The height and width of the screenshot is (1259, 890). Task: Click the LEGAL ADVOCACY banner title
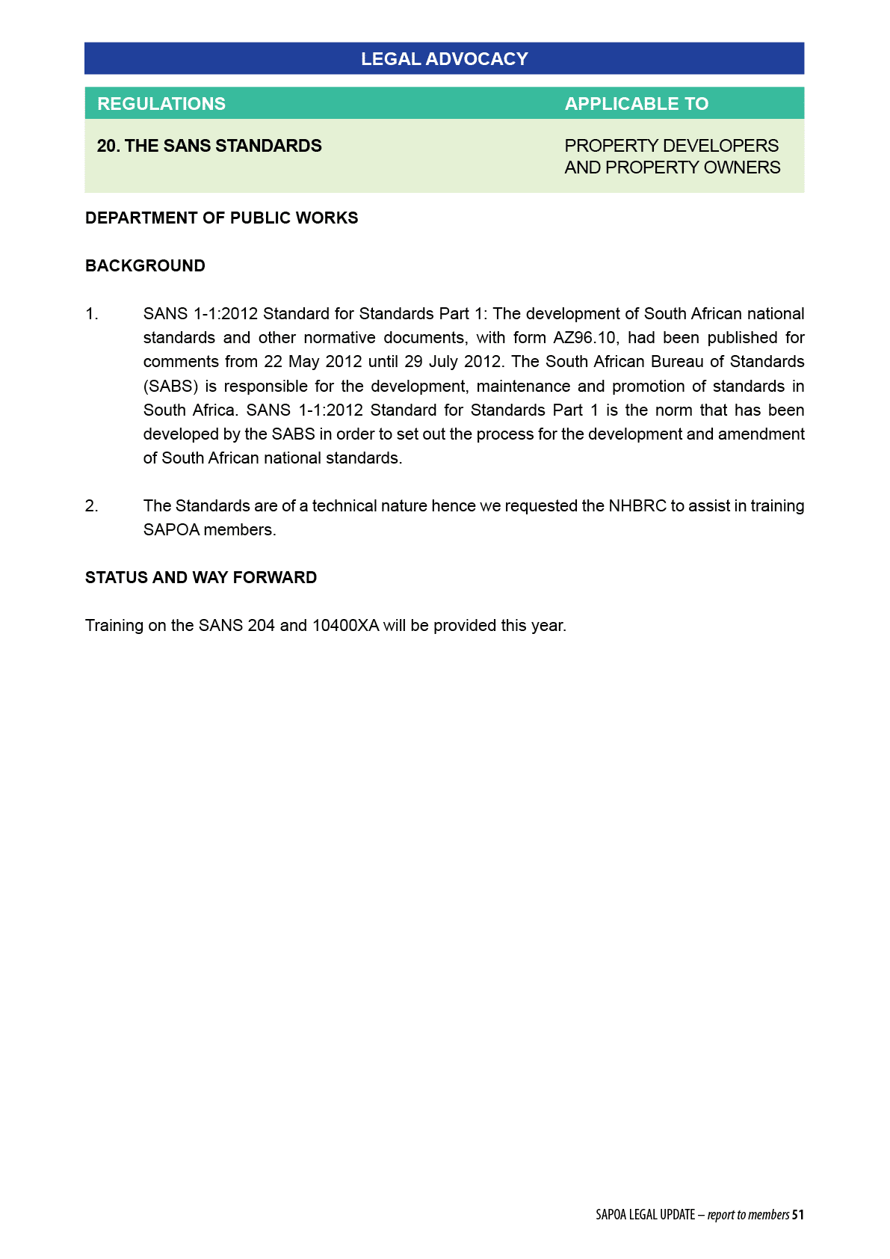tap(444, 59)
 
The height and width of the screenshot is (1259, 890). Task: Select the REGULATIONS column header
tap(161, 104)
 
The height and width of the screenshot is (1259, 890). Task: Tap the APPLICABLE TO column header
tap(636, 104)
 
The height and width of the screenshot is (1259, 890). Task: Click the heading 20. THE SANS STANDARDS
tap(209, 146)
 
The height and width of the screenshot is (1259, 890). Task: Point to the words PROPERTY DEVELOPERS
tap(671, 146)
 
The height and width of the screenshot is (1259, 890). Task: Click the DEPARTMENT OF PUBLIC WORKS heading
tap(221, 218)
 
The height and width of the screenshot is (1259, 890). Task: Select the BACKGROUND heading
tap(145, 266)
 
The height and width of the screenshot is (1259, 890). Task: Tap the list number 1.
tap(91, 314)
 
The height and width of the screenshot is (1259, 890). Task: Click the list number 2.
tap(91, 506)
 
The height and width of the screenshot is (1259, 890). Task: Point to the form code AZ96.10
tap(585, 338)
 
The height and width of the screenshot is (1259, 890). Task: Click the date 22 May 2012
tap(312, 362)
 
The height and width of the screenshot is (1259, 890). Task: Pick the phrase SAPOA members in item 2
tap(209, 530)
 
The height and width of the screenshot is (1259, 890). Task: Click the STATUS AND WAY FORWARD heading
tap(201, 578)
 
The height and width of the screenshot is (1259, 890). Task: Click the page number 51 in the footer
tap(798, 1215)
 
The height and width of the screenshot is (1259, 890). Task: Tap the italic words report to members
tap(748, 1215)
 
